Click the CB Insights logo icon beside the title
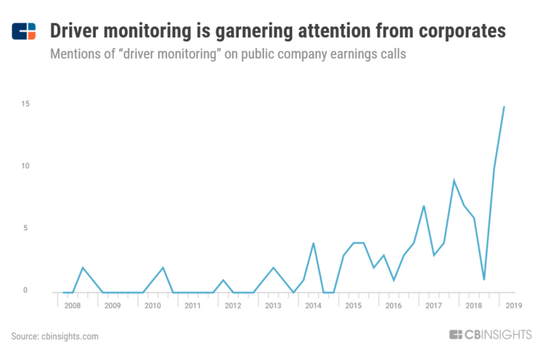click(24, 32)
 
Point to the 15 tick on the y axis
click(25, 104)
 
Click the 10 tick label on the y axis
click(25, 166)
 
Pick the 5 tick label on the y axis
click(26, 228)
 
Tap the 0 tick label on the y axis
click(26, 290)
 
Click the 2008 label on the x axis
click(73, 306)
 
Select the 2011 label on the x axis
click(193, 306)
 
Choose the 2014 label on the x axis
click(313, 306)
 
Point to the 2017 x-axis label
click(433, 306)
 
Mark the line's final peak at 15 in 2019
click(504, 106)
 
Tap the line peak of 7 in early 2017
click(423, 206)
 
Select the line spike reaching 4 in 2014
click(313, 243)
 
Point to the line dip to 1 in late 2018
click(484, 280)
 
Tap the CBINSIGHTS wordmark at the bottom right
click(490, 335)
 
